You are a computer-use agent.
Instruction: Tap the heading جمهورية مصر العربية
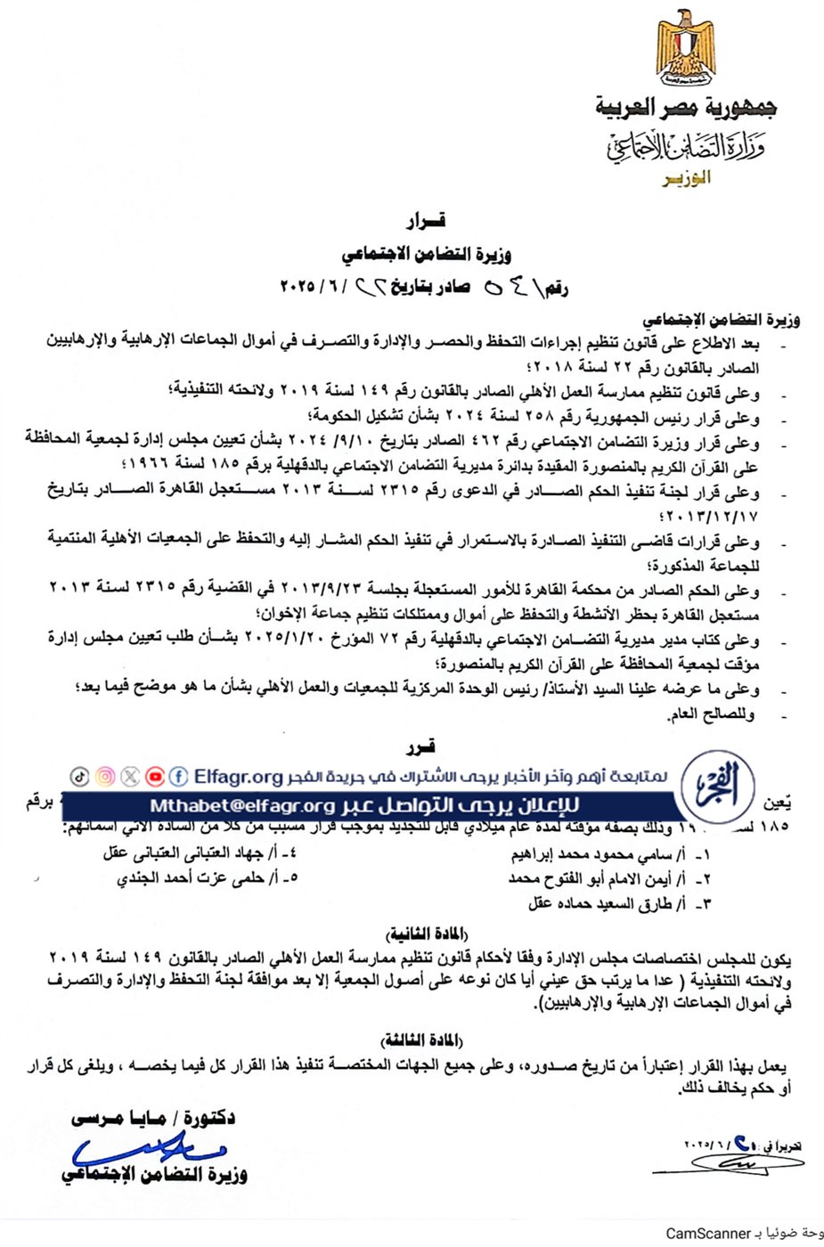point(686,109)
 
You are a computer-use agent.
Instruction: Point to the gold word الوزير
point(687,178)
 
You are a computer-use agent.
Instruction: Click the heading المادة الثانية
point(428,933)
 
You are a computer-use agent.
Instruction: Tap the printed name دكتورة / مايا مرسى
point(153,1118)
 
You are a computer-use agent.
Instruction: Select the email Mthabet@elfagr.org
point(241,806)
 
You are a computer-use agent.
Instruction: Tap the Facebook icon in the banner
point(178,777)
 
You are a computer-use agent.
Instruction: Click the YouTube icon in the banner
point(154,777)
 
